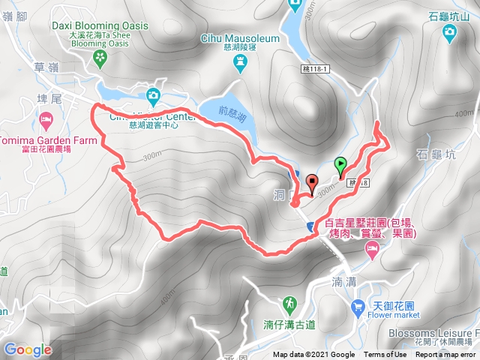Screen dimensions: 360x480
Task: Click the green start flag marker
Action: pos(340,164)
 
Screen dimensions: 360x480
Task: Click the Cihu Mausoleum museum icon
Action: pos(241,64)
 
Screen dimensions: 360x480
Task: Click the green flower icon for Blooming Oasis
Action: pos(100,57)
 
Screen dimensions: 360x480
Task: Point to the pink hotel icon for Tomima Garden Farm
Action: pos(46,119)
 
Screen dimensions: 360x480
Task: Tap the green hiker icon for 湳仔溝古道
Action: pos(289,304)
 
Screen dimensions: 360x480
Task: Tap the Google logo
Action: pos(28,349)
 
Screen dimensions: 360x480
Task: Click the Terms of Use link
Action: pos(385,355)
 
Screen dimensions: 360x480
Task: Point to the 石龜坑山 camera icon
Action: pos(449,31)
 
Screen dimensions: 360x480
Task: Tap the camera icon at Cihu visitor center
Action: pos(153,95)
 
